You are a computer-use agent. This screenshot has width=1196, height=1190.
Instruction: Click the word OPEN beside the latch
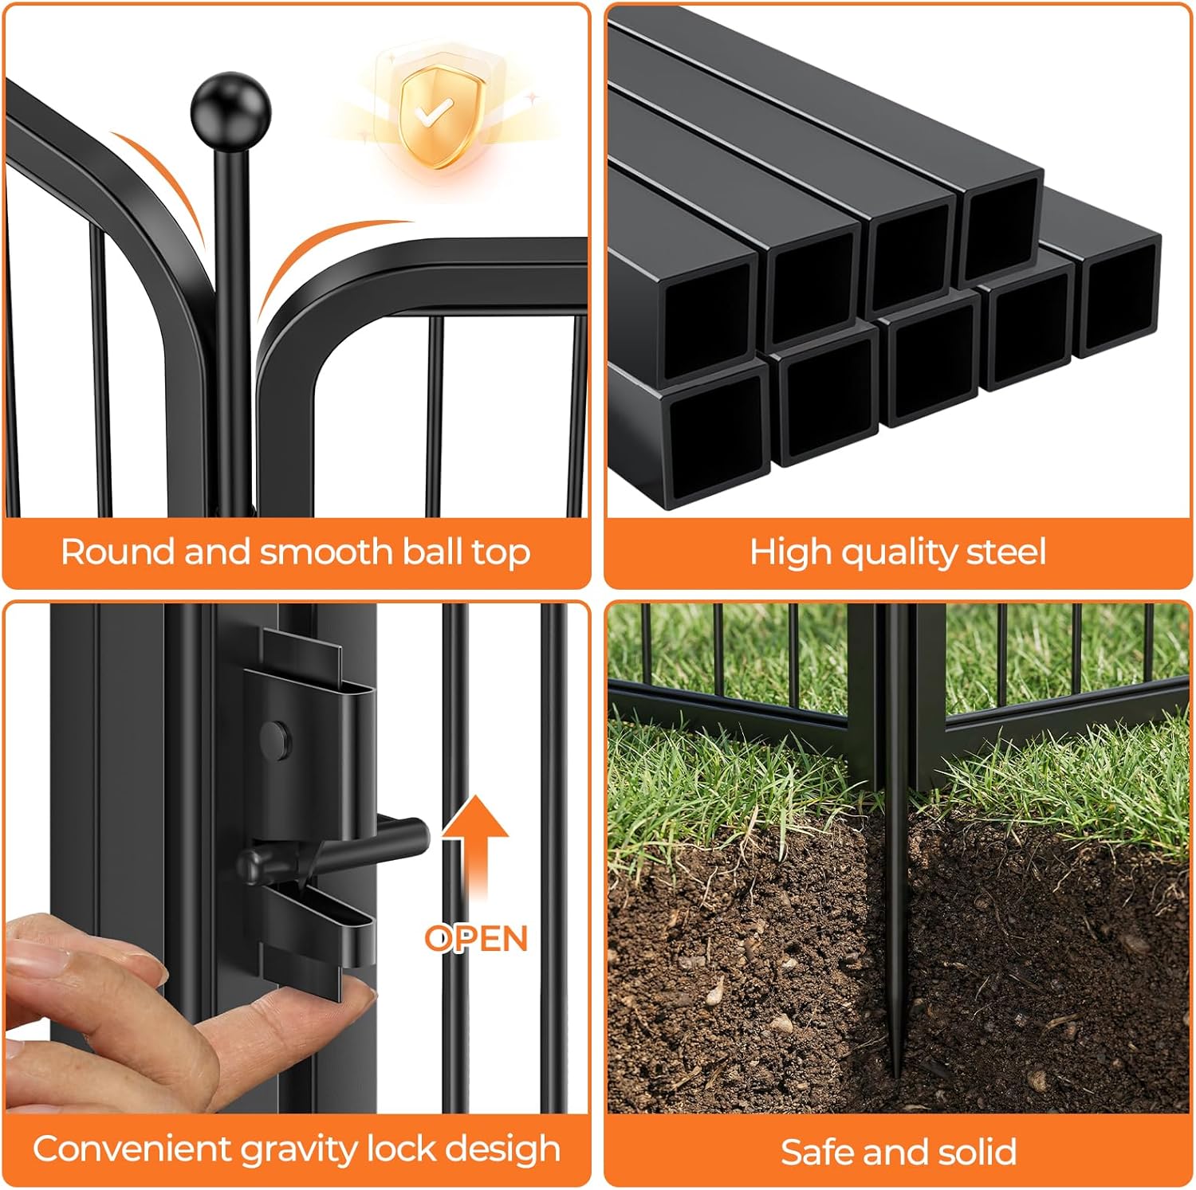click(x=476, y=939)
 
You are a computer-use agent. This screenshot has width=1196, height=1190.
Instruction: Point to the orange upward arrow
click(x=475, y=853)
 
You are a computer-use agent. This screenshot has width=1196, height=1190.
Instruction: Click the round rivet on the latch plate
click(x=277, y=739)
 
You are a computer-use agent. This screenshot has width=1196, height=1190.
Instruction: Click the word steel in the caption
click(x=1001, y=552)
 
